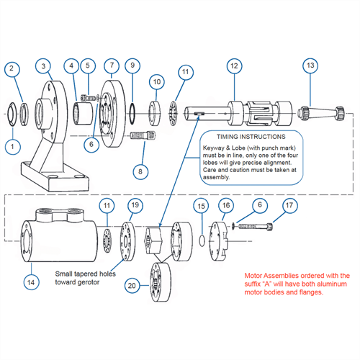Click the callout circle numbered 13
(310, 66)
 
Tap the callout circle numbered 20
(132, 286)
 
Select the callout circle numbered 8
(140, 171)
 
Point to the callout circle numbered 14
(31, 282)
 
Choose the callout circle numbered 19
(135, 205)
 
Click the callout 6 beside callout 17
(260, 205)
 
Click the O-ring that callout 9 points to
(132, 114)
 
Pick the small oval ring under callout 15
(202, 240)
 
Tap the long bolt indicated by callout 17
(256, 226)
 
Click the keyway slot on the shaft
(199, 113)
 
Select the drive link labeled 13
(321, 113)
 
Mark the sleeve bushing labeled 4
(83, 113)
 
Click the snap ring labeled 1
(12, 114)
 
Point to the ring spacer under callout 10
(156, 114)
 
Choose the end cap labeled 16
(219, 241)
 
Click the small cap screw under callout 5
(89, 98)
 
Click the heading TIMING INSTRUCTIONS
(251, 137)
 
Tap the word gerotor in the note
(88, 282)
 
